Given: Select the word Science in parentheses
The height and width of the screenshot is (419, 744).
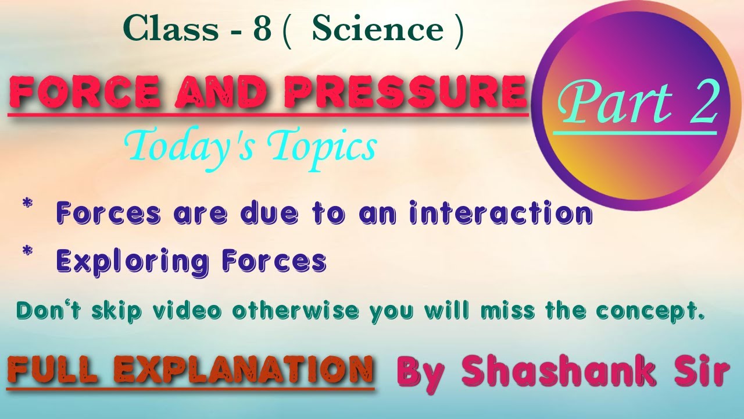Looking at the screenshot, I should [378, 30].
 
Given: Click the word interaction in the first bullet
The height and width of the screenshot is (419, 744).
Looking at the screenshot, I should [502, 214].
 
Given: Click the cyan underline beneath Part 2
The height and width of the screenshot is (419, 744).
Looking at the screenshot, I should [634, 134].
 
